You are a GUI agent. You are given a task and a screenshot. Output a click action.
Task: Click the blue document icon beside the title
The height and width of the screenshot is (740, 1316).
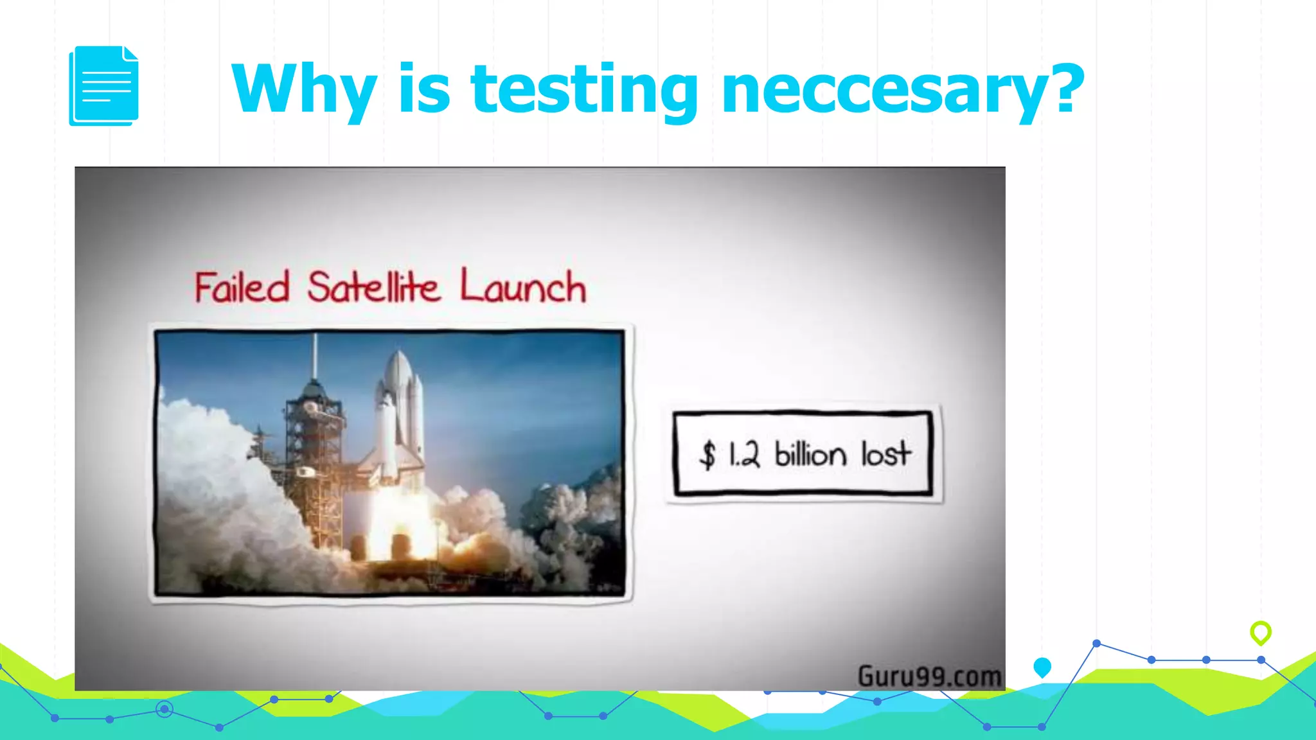click(103, 85)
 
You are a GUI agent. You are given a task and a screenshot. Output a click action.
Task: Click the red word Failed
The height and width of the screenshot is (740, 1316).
click(242, 287)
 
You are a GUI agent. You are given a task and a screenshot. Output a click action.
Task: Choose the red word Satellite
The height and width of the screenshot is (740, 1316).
click(373, 287)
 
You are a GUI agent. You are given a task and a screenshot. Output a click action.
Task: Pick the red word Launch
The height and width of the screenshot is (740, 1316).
click(522, 287)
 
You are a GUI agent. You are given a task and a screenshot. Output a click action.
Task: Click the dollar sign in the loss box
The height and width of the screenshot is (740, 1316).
click(707, 455)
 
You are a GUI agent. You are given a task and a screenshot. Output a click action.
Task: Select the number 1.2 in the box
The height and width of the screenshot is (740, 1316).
click(744, 455)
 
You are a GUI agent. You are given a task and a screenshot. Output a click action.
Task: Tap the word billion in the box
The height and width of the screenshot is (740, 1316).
click(810, 454)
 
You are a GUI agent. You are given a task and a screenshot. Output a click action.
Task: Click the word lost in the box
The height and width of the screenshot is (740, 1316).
click(885, 454)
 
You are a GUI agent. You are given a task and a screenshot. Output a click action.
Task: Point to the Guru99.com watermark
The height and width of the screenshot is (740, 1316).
click(929, 676)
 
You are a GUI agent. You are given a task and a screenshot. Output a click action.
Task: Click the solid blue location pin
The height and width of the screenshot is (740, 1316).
click(1042, 667)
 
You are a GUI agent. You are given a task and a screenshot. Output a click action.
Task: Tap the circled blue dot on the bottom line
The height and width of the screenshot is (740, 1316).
click(164, 709)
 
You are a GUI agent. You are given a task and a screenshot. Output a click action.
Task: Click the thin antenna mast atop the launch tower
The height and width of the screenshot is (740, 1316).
click(315, 357)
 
